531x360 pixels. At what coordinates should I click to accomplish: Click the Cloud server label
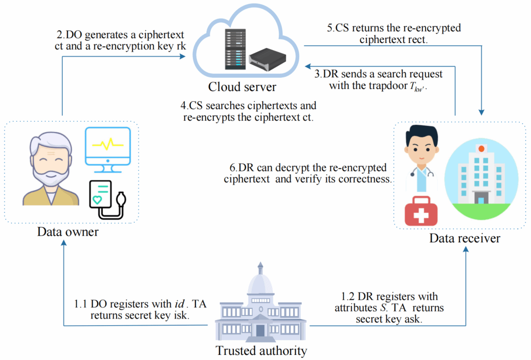coord(242,86)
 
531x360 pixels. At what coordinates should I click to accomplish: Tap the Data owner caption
coord(68,233)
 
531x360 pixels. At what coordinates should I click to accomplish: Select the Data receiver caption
coord(464,238)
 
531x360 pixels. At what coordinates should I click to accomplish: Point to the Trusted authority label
coord(261,351)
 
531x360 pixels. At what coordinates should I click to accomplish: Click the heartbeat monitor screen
coord(108,146)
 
